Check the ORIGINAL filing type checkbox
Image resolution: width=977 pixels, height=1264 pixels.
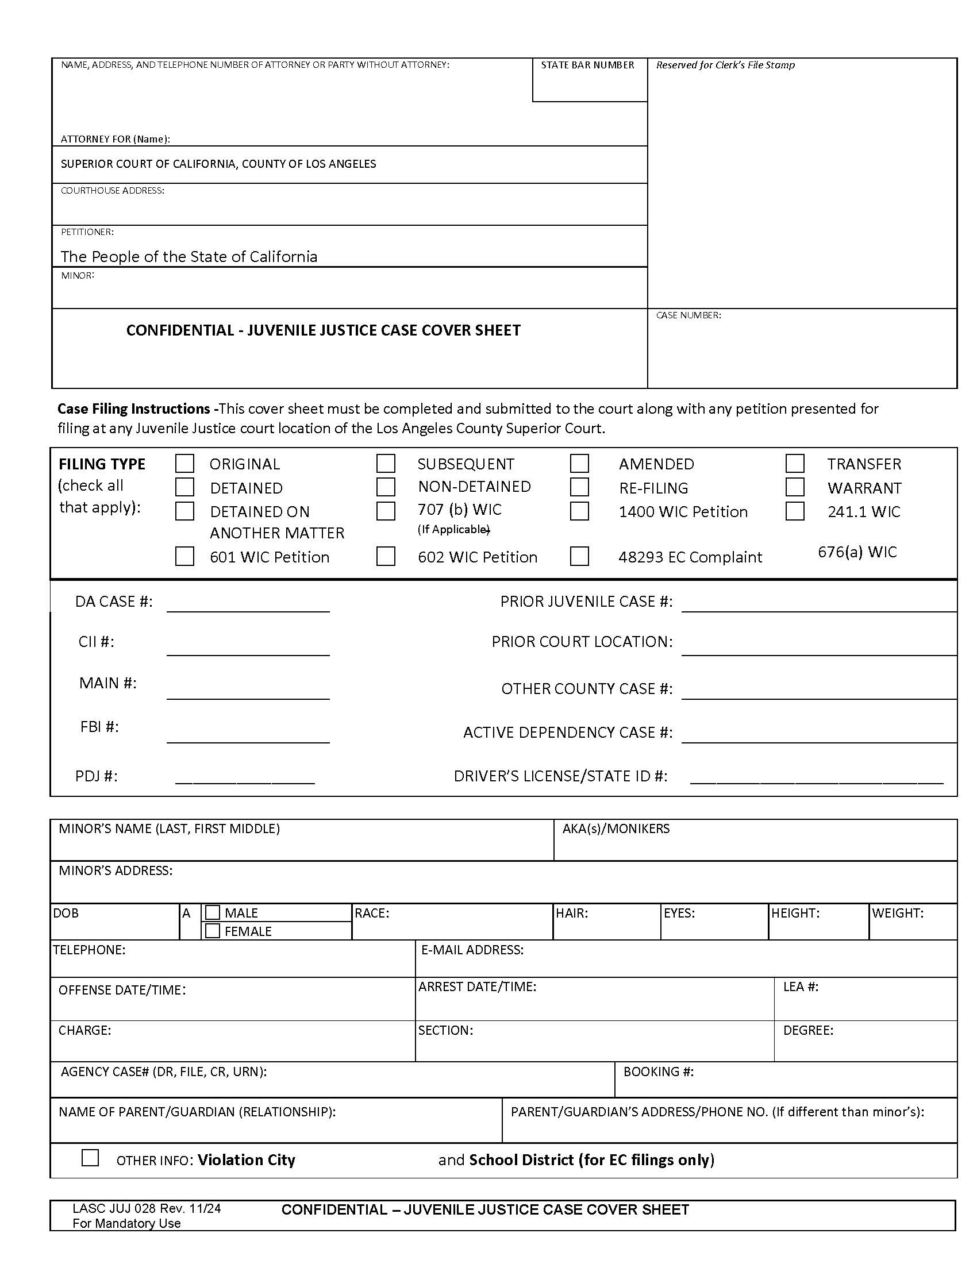(184, 464)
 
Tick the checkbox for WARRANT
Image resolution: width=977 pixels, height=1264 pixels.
(795, 487)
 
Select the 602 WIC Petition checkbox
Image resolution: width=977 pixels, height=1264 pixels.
(386, 556)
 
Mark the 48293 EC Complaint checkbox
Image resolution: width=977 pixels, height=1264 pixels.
(579, 556)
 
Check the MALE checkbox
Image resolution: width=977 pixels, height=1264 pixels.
(213, 913)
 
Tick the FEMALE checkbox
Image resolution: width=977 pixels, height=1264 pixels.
(213, 931)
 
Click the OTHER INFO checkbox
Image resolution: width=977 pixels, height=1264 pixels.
(90, 1158)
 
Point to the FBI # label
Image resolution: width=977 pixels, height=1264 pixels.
(99, 727)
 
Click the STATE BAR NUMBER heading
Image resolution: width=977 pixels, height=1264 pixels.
(587, 65)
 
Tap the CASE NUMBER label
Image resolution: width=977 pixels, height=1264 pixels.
(688, 315)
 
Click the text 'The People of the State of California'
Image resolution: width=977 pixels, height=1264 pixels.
(189, 256)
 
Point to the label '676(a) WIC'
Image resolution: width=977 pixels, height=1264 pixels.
(857, 552)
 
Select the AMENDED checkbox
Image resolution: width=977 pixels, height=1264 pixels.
(579, 464)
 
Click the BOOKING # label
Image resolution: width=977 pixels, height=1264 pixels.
(658, 1072)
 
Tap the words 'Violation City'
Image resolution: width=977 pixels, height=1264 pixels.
(247, 1160)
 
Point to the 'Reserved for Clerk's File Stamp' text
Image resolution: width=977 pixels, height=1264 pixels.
(725, 65)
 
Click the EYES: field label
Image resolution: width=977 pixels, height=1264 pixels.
(679, 914)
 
